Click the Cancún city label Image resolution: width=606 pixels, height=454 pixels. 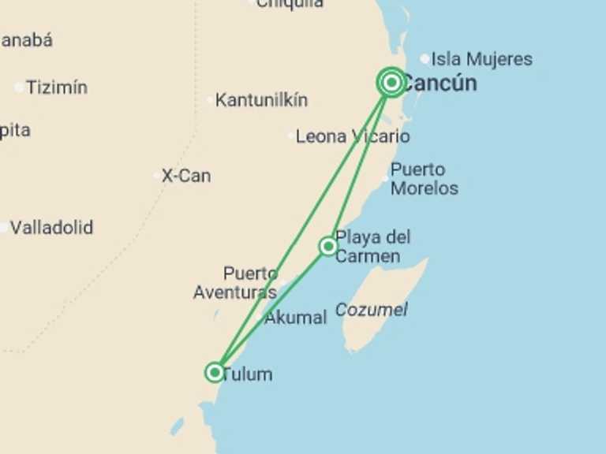pyautogui.click(x=440, y=83)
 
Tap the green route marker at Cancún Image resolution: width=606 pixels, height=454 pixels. pyautogui.click(x=391, y=82)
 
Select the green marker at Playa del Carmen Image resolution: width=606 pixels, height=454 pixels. pyautogui.click(x=328, y=247)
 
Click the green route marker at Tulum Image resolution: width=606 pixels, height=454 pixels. pyautogui.click(x=215, y=371)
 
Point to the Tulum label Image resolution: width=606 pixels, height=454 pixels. pyautogui.click(x=247, y=374)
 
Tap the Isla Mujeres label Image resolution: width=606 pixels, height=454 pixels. pyautogui.click(x=481, y=59)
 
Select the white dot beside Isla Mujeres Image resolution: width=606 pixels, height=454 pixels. pyautogui.click(x=425, y=58)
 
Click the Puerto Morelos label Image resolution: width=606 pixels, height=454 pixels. pyautogui.click(x=424, y=179)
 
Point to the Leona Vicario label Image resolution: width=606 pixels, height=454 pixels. pyautogui.click(x=352, y=136)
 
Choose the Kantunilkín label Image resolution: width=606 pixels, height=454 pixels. pyautogui.click(x=261, y=100)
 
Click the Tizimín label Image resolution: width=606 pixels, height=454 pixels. pyautogui.click(x=56, y=87)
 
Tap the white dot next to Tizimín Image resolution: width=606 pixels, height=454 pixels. pyautogui.click(x=19, y=87)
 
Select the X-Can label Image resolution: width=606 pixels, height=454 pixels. pyautogui.click(x=185, y=176)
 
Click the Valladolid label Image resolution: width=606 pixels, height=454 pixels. pyautogui.click(x=51, y=228)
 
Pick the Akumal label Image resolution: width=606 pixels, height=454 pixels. pyautogui.click(x=295, y=318)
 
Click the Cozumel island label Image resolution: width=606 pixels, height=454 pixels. pyautogui.click(x=371, y=310)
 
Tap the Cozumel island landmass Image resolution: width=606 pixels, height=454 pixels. pyautogui.click(x=387, y=296)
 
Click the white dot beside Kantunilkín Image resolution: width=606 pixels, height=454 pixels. pyautogui.click(x=210, y=100)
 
